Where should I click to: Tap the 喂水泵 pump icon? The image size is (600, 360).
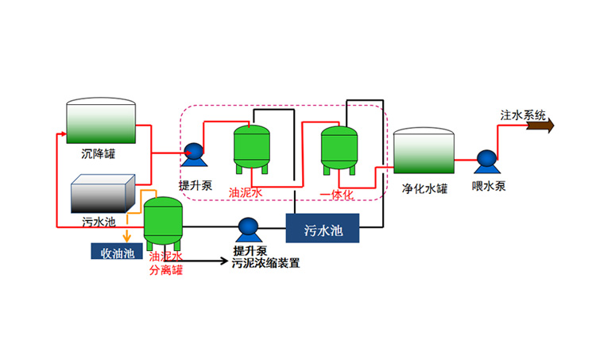pyautogui.click(x=485, y=160)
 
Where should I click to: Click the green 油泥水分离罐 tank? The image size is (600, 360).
pyautogui.click(x=164, y=221)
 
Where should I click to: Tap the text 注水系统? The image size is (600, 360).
pyautogui.click(x=523, y=114)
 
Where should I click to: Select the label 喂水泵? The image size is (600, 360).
pyautogui.click(x=488, y=187)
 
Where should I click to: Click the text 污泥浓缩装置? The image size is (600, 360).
pyautogui.click(x=265, y=263)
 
